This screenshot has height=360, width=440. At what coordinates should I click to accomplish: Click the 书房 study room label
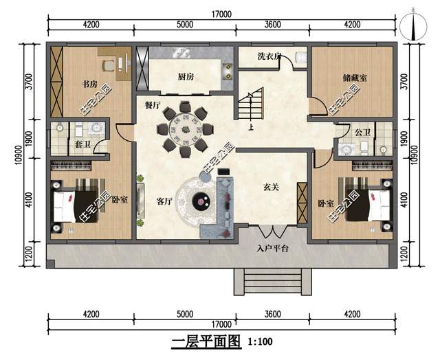click(90, 84)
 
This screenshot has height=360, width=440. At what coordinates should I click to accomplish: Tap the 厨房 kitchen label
click(186, 76)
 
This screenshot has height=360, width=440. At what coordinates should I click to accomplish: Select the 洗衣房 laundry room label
click(269, 56)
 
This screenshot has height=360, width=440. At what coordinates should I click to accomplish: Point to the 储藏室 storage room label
click(355, 78)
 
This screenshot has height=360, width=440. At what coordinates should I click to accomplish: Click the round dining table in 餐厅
click(185, 130)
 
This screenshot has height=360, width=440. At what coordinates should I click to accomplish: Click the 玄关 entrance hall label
click(271, 187)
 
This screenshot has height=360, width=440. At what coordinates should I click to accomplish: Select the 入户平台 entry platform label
click(272, 249)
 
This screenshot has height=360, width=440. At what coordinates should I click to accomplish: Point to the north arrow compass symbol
click(413, 27)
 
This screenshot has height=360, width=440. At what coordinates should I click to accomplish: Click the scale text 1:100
click(260, 341)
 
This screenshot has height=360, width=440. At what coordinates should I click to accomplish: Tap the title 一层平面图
click(206, 341)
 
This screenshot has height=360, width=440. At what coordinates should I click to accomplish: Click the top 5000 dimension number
click(185, 25)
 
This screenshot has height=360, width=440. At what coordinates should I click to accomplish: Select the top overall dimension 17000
click(221, 14)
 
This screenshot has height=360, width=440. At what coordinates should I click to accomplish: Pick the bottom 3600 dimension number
click(272, 314)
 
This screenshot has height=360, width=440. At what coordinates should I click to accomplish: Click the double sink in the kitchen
click(181, 52)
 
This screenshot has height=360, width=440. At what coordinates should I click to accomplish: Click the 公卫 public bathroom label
click(362, 132)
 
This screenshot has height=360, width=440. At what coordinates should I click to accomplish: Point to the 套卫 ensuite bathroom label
click(82, 144)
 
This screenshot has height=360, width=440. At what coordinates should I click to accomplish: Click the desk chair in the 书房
click(108, 65)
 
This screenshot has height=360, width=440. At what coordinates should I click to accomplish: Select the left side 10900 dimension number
click(19, 155)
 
